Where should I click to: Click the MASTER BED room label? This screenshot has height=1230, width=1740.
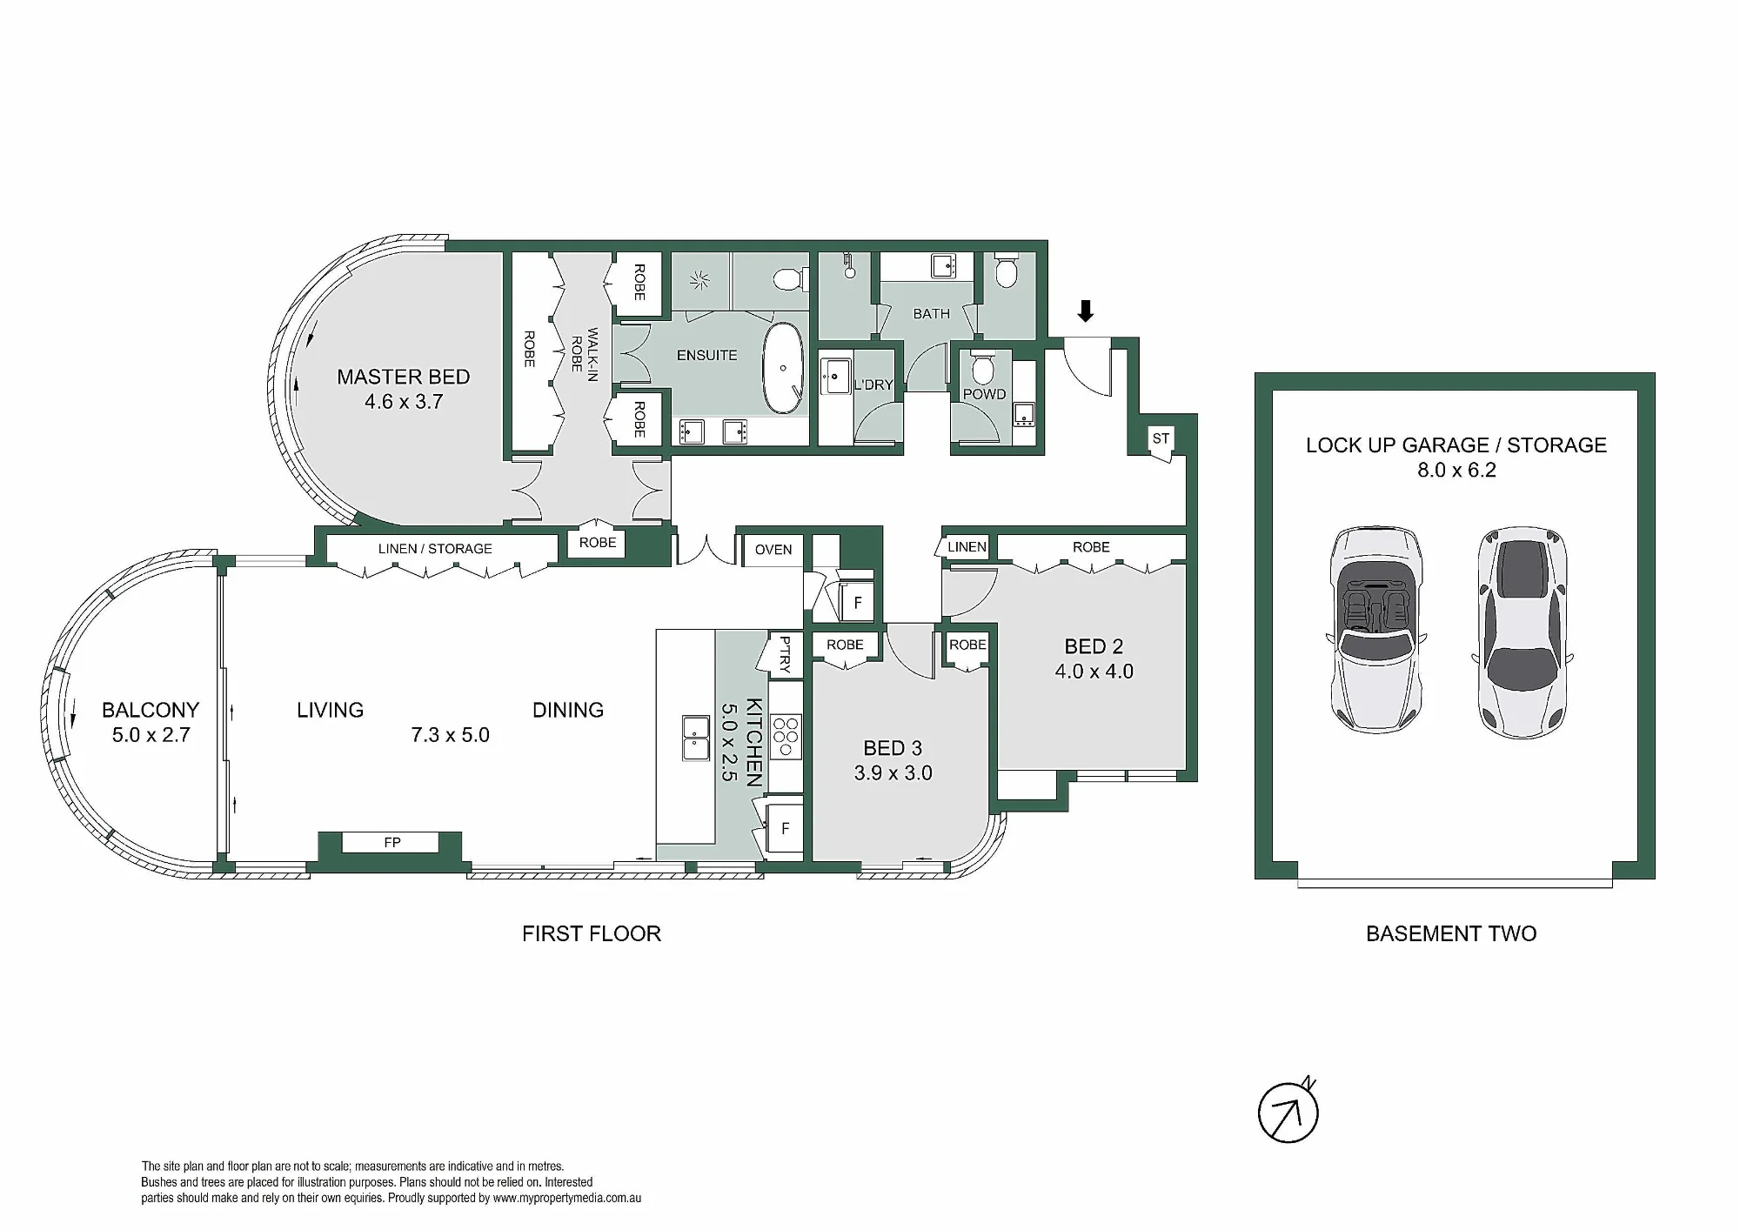tap(404, 377)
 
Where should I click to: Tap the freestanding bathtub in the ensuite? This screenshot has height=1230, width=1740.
tap(784, 369)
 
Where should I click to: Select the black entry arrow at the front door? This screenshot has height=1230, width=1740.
tap(1085, 311)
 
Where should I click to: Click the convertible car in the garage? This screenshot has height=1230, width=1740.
tap(1376, 629)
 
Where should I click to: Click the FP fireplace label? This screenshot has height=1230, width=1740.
tap(392, 842)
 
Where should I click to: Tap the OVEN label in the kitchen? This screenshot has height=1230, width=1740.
tap(773, 550)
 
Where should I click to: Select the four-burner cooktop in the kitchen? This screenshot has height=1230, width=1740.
tap(786, 737)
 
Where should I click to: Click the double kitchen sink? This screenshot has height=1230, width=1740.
tap(696, 738)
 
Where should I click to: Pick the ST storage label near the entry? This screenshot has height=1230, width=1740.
tap(1161, 438)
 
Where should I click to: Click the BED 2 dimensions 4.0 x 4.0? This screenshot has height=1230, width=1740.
tap(1094, 672)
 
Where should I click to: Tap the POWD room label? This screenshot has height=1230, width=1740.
tap(984, 394)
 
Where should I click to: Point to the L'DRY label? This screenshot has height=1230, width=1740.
tap(873, 384)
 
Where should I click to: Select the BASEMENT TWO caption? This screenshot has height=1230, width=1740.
tap(1451, 933)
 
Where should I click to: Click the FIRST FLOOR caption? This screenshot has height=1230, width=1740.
tap(592, 933)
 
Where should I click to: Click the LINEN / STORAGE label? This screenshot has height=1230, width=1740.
tap(435, 549)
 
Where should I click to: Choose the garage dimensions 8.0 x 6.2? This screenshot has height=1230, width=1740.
tap(1456, 470)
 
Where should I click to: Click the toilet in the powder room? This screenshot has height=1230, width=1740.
tap(983, 368)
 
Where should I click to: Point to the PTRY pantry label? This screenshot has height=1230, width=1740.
tap(785, 654)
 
